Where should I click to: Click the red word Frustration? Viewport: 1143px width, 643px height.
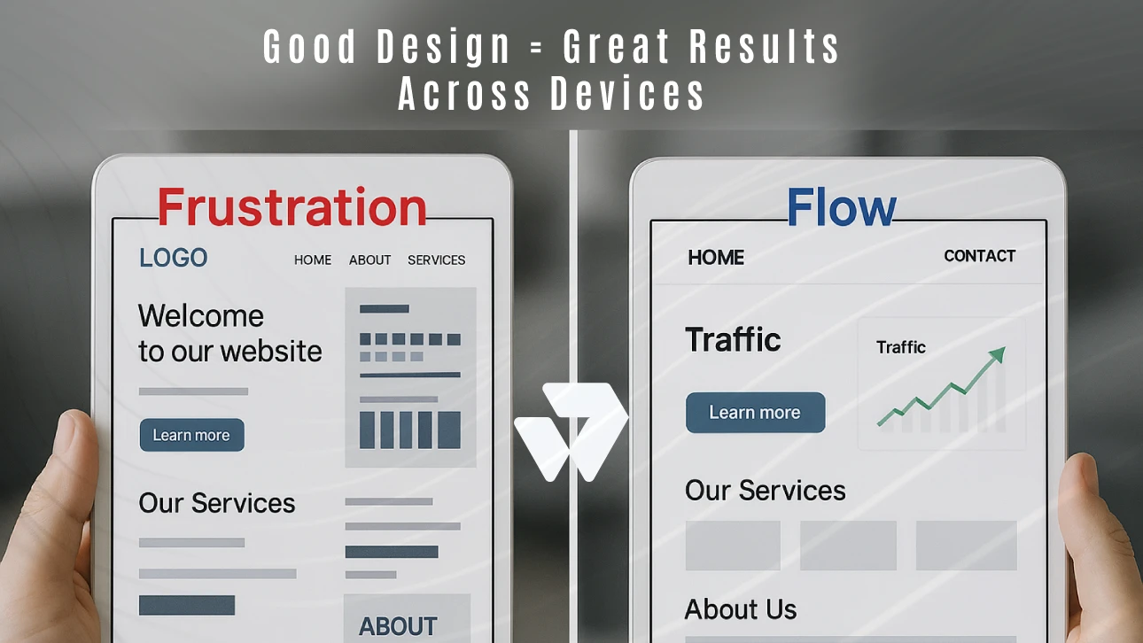pos(292,207)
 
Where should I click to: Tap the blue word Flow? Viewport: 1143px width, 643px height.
pos(841,208)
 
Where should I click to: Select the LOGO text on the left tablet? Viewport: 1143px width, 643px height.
pos(173,258)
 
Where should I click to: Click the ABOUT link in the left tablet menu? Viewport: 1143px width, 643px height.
pos(369,260)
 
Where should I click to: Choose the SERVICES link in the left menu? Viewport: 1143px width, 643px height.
pos(436,260)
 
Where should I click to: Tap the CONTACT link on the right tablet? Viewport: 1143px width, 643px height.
pos(979,256)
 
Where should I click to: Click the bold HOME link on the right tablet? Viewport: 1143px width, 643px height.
pos(716,258)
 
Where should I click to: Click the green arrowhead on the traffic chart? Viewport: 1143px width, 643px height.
pos(997,355)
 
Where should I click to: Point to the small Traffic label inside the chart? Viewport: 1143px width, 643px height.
pos(900,347)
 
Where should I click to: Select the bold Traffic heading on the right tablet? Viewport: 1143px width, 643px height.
pos(733,339)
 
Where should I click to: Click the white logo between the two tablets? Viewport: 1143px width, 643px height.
pos(571,430)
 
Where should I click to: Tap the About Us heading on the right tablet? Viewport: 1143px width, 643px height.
pos(740,609)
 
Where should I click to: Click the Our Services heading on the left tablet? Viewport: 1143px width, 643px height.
pos(217,503)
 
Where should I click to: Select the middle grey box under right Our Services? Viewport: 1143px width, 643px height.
pos(848,545)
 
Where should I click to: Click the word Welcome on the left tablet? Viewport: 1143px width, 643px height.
pos(201,316)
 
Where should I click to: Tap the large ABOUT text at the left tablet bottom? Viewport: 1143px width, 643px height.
pos(398,626)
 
